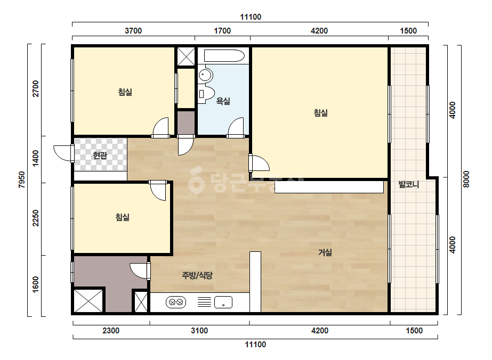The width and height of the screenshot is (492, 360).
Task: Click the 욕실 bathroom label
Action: pos(223,101)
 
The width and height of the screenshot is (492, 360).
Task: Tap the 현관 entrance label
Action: pos(100,155)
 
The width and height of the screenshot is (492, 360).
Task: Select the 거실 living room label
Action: pos(325,252)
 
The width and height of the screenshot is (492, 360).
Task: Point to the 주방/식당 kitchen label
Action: pos(197,275)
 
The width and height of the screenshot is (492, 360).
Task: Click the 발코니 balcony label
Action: pos(409,184)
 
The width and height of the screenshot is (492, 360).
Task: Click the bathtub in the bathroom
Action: pos(224,56)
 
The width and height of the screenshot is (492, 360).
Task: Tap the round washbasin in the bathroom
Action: pos(206,75)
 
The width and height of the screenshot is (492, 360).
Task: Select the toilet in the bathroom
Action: pos(206,93)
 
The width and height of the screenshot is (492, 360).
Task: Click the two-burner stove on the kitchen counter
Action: pos(176,302)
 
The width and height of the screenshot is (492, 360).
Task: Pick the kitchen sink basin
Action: pos(223,302)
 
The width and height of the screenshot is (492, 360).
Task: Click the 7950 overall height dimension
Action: pos(22,179)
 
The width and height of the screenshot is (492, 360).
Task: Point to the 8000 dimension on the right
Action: pos(466,179)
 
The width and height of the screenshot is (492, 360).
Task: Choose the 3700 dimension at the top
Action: pos(133,31)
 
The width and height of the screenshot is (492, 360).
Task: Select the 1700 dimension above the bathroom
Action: pos(222,31)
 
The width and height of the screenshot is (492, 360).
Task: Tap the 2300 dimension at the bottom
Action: pos(111,331)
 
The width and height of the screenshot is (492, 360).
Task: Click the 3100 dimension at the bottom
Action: pos(199,331)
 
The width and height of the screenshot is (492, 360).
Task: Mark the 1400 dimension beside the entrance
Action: pos(36,158)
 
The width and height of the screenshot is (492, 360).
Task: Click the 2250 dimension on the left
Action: pos(36,218)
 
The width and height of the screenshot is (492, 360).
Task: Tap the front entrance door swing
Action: pos(63,153)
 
